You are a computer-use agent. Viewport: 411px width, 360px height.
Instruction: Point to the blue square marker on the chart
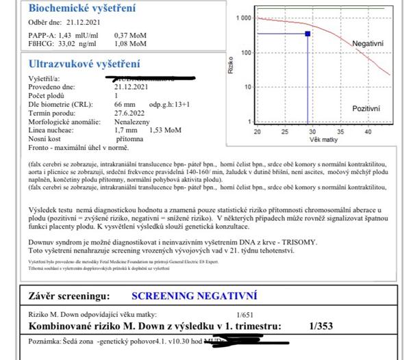click(308, 33)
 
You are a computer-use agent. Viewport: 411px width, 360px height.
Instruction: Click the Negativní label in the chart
click(368, 43)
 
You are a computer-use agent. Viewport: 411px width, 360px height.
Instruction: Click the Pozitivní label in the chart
click(367, 109)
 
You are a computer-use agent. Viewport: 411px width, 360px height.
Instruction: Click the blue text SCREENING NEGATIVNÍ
click(194, 296)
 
